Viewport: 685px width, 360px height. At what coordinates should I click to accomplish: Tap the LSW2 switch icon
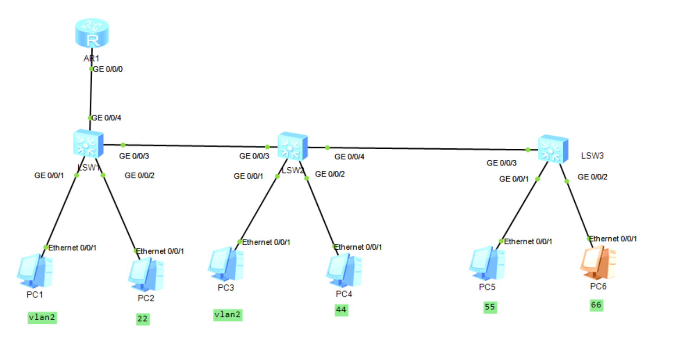(x=292, y=146)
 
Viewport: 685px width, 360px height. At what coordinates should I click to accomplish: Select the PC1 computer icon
(x=34, y=271)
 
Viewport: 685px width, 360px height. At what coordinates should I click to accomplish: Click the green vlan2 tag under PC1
(x=42, y=317)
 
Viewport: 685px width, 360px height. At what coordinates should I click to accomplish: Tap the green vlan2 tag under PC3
(x=228, y=315)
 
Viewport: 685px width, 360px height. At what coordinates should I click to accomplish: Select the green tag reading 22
(x=143, y=319)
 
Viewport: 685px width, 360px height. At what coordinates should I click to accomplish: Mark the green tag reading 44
(x=341, y=310)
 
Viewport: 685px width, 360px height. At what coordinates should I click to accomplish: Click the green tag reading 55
(x=490, y=307)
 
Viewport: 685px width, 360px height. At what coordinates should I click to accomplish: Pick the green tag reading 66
(x=597, y=305)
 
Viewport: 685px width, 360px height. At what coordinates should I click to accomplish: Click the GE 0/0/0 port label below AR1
(x=108, y=69)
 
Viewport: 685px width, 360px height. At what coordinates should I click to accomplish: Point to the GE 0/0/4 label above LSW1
(x=107, y=118)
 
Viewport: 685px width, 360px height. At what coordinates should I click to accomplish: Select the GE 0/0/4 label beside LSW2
(x=349, y=157)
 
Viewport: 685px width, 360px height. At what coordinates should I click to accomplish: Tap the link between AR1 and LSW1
(x=91, y=93)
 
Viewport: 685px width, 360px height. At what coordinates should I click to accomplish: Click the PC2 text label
(x=146, y=298)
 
